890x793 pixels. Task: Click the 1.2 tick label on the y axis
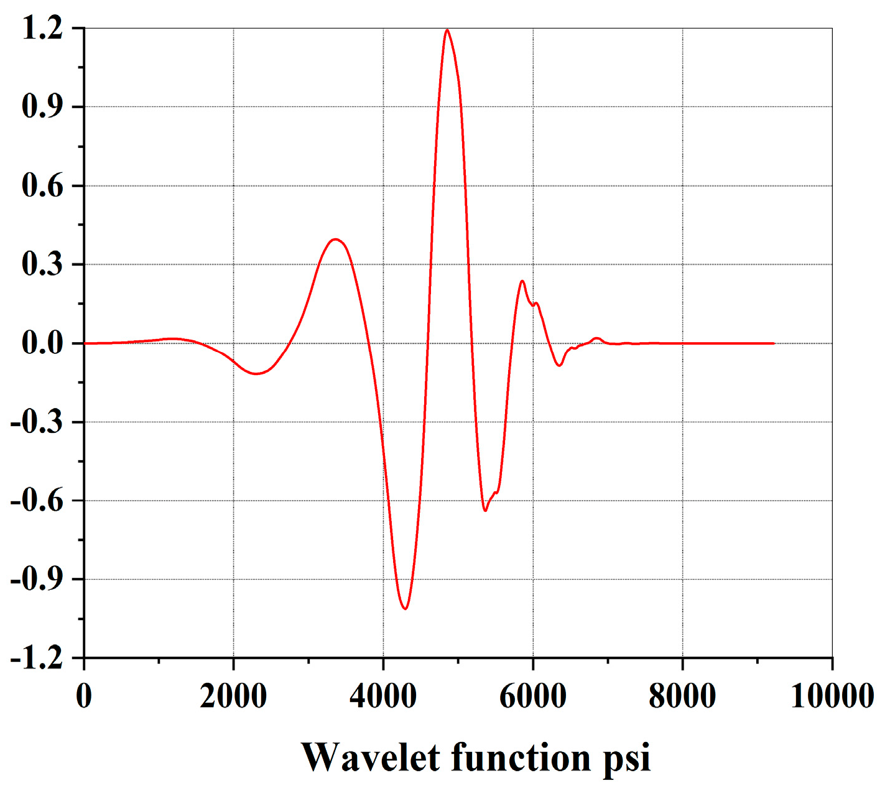(x=42, y=29)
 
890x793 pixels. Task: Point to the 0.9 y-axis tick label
(x=42, y=107)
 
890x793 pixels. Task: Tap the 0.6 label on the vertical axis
(x=42, y=186)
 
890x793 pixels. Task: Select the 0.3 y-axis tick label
(x=42, y=264)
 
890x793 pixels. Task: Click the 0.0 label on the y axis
(x=42, y=343)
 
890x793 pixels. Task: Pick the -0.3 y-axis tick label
(x=37, y=422)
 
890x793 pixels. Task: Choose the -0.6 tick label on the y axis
(x=37, y=501)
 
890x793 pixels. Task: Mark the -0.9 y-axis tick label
(x=37, y=579)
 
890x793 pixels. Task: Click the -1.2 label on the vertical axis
(x=37, y=658)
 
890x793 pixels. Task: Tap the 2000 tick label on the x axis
(x=234, y=695)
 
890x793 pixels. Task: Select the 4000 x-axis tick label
(x=383, y=695)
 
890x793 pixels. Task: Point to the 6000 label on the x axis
(x=533, y=695)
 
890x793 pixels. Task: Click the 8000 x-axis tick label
(x=682, y=695)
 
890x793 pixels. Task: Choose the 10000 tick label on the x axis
(x=832, y=695)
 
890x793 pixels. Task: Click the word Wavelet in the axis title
(x=371, y=758)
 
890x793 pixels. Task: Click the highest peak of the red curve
(x=447, y=30)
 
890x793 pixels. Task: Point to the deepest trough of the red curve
(x=406, y=608)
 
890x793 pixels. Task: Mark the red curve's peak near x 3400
(x=336, y=239)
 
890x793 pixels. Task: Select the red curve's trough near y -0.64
(x=485, y=511)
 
